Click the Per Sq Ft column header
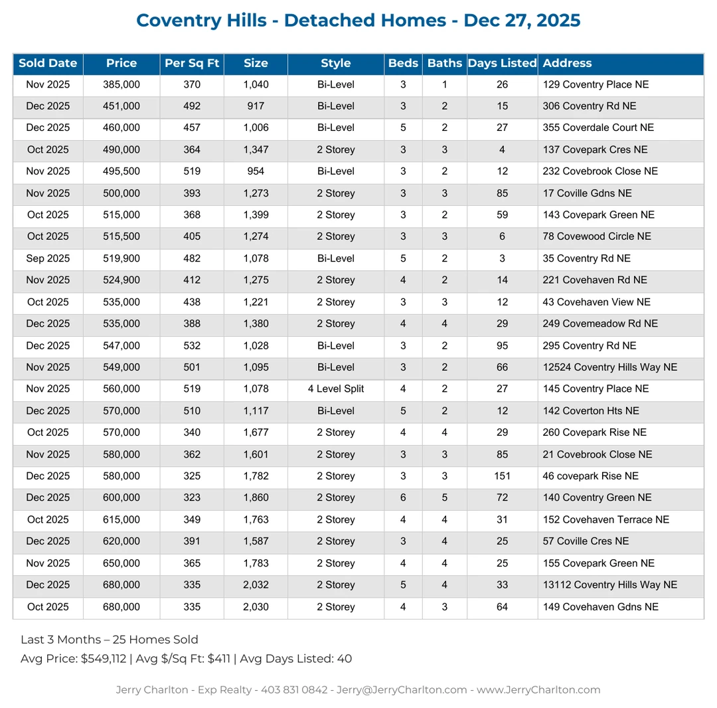[x=192, y=64]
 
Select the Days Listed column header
[x=502, y=64]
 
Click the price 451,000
[x=121, y=106]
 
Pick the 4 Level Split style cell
[x=336, y=389]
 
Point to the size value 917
[x=256, y=106]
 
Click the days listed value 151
[x=502, y=476]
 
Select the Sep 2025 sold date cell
[x=48, y=258]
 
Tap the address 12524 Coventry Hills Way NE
[x=609, y=367]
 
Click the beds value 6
[x=403, y=498]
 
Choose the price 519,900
[x=121, y=258]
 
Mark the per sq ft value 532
[x=192, y=345]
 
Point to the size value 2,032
[x=256, y=585]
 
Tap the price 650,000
[x=121, y=563]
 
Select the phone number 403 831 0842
[x=297, y=690]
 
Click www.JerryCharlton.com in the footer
[x=538, y=690]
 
